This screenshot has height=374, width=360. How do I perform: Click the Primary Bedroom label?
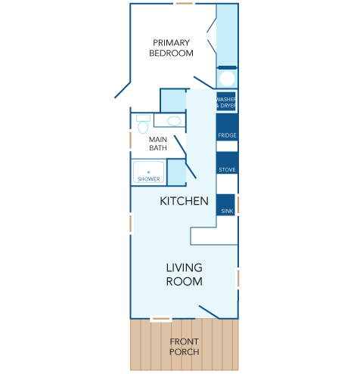point(171,48)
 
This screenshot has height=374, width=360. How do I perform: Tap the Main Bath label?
point(158,144)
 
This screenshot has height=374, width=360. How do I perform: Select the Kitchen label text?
point(184,201)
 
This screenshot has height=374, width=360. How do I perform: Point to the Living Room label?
point(185,274)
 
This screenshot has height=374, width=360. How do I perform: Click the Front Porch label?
point(185,347)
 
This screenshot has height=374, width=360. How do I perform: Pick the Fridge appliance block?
point(227,127)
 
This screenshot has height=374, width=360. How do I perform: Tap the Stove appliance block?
point(227,162)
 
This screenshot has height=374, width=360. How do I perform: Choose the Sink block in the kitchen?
point(225,205)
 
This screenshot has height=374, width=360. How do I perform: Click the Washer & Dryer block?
point(226,101)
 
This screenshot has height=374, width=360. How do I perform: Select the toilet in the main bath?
point(143,124)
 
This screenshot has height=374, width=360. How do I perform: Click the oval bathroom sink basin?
point(174,121)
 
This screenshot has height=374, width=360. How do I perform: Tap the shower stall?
point(148,172)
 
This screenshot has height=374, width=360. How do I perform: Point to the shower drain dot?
point(148,172)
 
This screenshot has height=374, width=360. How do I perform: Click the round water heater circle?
point(227,79)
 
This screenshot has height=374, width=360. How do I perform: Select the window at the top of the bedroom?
point(185,4)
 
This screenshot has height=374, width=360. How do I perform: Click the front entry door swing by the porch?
point(209,312)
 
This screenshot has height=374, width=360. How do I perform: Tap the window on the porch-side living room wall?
point(161,319)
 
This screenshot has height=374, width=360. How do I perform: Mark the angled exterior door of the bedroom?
point(123,90)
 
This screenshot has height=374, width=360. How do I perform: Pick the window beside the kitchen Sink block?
point(238,205)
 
